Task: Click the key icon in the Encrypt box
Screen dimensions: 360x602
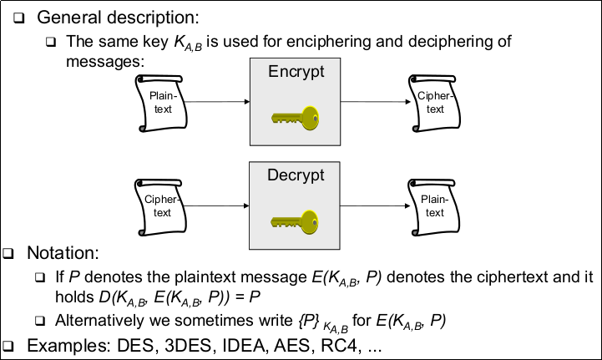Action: (x=296, y=116)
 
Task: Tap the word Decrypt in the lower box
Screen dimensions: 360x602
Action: (x=296, y=177)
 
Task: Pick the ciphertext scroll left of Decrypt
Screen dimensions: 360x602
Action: (x=158, y=207)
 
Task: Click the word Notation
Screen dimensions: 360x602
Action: (x=63, y=252)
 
